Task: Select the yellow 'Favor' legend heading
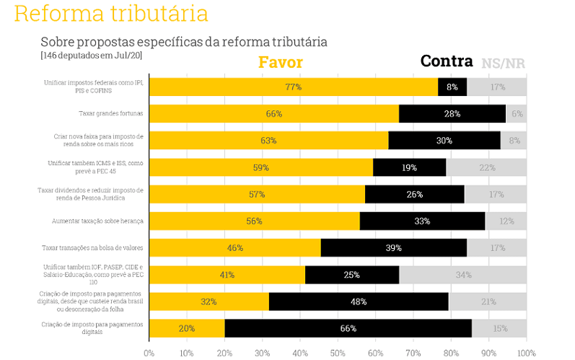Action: (x=280, y=63)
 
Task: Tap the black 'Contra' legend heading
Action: (x=446, y=62)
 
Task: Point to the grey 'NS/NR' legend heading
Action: (x=504, y=63)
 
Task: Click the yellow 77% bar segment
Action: (x=293, y=87)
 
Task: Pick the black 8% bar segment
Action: (x=452, y=87)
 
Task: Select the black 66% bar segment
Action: (x=348, y=328)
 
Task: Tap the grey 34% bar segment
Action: (x=462, y=275)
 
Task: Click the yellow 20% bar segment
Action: (x=187, y=328)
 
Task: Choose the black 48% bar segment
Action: (x=359, y=302)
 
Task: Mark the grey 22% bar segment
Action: (x=486, y=167)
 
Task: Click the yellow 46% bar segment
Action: (x=235, y=248)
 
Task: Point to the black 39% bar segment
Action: (x=394, y=248)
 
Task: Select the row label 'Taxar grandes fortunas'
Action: (x=111, y=113)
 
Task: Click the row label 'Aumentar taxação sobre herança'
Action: (x=98, y=221)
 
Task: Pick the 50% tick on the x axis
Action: (x=338, y=354)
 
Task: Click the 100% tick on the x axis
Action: (x=526, y=354)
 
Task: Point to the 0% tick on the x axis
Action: (x=149, y=354)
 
